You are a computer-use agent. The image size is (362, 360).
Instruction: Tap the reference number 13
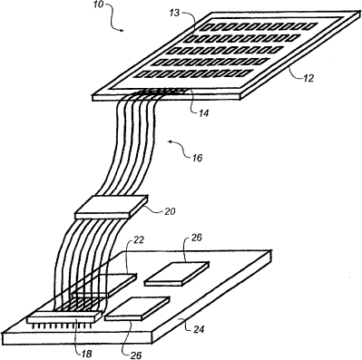tap(175, 13)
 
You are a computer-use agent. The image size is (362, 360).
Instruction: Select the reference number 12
tap(308, 78)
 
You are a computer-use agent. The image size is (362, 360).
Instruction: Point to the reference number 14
tap(203, 113)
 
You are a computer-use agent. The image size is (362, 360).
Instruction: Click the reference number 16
tap(197, 158)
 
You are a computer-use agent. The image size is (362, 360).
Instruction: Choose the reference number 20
tap(170, 211)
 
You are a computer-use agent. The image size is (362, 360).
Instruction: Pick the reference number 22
tap(139, 240)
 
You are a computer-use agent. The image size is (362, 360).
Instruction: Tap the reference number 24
tap(198, 328)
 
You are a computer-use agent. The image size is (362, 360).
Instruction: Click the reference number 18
tap(86, 353)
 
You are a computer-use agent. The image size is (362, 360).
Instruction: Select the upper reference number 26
tap(197, 238)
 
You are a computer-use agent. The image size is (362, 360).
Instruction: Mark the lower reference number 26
tap(135, 355)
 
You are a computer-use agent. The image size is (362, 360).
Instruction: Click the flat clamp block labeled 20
tap(112, 207)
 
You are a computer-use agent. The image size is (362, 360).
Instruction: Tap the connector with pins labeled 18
tap(64, 319)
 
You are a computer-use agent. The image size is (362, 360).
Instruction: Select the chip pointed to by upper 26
tap(177, 274)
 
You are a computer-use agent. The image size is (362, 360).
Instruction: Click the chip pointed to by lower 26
tap(137, 308)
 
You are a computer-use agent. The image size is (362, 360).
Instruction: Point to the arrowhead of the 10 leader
tap(122, 30)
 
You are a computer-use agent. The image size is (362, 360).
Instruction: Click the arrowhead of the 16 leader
tap(171, 141)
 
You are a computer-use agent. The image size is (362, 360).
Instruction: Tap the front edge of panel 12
tap(166, 97)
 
